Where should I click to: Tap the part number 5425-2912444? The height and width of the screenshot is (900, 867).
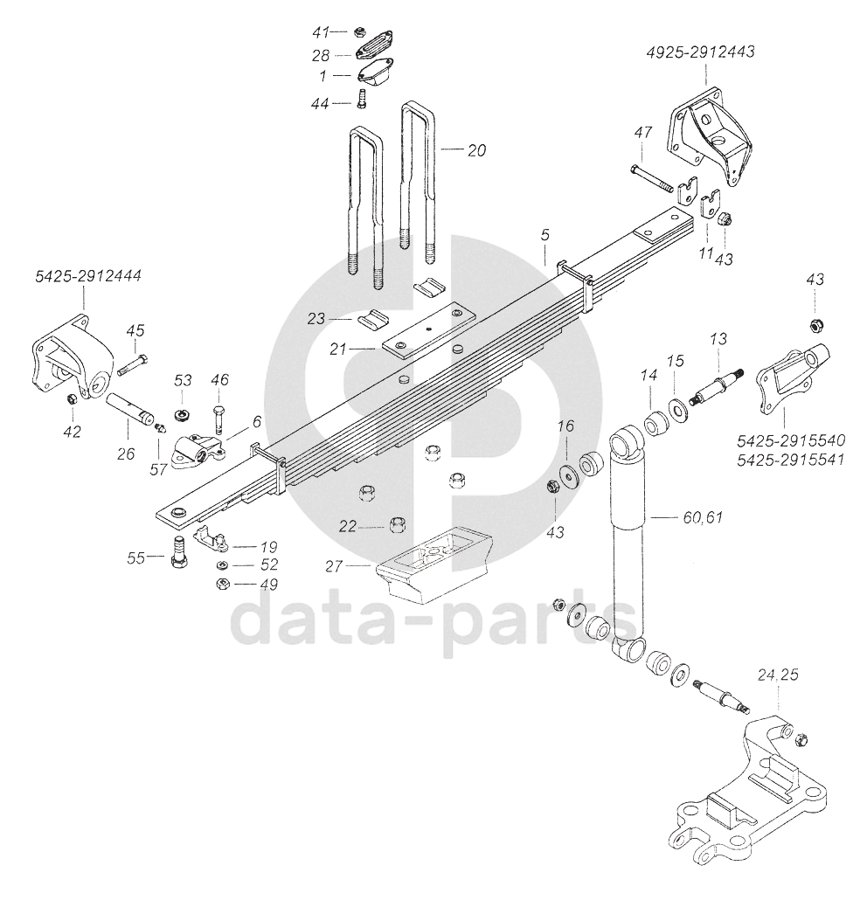point(88,276)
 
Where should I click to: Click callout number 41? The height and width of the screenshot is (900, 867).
point(322,32)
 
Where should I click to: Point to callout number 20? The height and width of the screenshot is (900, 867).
point(475,150)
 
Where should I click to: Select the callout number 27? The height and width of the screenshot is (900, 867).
point(333,566)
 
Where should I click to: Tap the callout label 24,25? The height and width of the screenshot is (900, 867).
point(779,675)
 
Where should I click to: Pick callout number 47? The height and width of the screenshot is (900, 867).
point(643,133)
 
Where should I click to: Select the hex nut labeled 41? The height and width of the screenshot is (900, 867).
point(359,32)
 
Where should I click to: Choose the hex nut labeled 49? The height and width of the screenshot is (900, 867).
point(222,584)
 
